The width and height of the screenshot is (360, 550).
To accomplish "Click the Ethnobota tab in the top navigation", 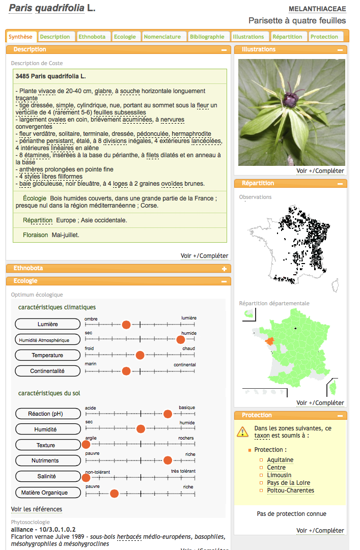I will point(92,37).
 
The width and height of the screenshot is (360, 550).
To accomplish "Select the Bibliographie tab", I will point(207,37).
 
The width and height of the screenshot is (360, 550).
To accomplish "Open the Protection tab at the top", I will point(324,37).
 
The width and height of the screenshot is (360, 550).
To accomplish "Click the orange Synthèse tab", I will point(20,37).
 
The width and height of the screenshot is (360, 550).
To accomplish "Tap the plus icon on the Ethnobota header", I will point(224,269).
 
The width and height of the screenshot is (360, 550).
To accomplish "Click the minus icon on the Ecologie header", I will point(224,281).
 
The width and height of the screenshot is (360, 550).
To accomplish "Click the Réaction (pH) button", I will point(48,414).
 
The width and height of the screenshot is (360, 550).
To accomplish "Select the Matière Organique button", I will point(48,493).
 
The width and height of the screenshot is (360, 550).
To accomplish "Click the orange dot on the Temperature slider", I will point(140,355).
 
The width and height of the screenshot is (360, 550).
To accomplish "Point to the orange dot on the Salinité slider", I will point(86,477).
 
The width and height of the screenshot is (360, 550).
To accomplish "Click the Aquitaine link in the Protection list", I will point(280,460).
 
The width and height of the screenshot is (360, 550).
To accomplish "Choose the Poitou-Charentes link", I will point(290,490).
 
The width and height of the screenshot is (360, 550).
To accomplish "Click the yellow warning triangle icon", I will point(243,432).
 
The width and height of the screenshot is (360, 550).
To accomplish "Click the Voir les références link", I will point(37,509).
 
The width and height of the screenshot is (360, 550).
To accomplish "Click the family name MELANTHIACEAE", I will point(317,9).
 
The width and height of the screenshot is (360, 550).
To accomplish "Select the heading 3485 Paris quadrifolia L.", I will point(51,76).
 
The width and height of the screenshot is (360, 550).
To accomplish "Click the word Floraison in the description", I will point(35,235).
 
